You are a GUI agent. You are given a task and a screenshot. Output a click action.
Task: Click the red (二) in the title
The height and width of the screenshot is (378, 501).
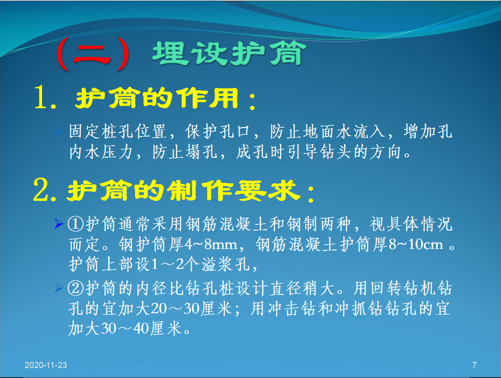pyautogui.click(x=93, y=54)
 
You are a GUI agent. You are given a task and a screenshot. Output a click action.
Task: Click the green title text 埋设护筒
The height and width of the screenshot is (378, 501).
pyautogui.click(x=229, y=53)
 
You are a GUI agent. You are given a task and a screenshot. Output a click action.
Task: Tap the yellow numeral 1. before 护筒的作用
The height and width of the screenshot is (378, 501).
pyautogui.click(x=46, y=97)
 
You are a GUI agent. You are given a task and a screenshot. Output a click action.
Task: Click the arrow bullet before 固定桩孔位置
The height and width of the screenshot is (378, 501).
pyautogui.click(x=59, y=131)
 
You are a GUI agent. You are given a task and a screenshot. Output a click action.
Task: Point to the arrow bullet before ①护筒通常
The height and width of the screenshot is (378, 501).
pyautogui.click(x=59, y=223)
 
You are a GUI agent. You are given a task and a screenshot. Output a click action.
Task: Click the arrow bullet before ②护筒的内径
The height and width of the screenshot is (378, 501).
pyautogui.click(x=59, y=288)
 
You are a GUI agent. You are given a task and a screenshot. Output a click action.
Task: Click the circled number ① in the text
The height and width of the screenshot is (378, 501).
pyautogui.click(x=76, y=224)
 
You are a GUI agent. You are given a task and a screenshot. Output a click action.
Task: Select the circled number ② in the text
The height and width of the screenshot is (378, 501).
pyautogui.click(x=76, y=288)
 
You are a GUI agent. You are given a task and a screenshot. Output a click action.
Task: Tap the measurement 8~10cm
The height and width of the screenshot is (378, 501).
pyautogui.click(x=416, y=244)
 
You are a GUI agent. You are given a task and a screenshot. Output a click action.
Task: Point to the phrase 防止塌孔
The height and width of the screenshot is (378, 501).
pyautogui.click(x=185, y=152)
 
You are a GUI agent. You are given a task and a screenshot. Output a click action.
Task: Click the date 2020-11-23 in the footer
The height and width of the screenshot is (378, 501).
pyautogui.click(x=46, y=365)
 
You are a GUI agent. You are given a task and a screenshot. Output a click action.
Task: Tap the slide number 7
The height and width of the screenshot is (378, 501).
pyautogui.click(x=475, y=365)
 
